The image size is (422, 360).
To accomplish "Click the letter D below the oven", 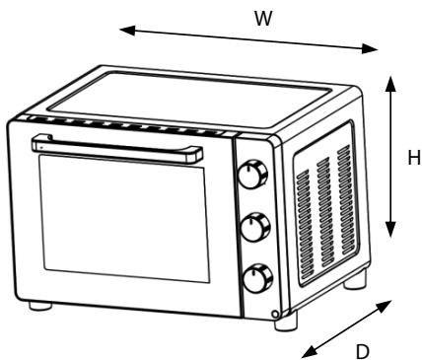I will pos(363,349).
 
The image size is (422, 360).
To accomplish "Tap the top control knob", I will pos(253,176).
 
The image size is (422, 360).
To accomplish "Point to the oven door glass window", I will pos(123,223).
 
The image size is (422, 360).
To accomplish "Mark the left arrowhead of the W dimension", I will pos(123,30).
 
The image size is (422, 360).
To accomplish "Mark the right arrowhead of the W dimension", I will pos(374,49).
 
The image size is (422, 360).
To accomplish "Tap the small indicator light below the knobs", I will pos(277,316).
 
